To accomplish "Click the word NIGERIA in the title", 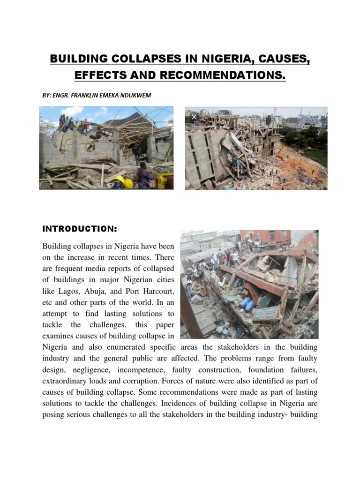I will click(220, 60).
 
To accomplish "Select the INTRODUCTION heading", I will click(79, 229).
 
